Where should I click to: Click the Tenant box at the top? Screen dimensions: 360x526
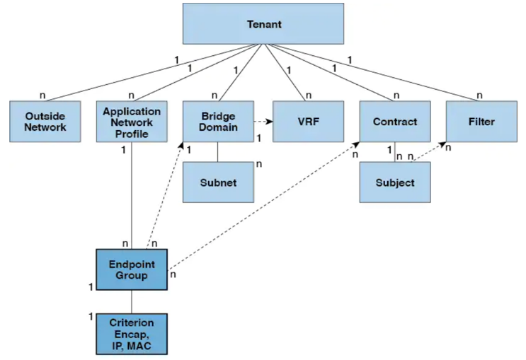pyautogui.click(x=264, y=24)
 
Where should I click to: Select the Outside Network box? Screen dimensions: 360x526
pyautogui.click(x=45, y=121)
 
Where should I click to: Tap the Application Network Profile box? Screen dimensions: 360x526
pyautogui.click(x=132, y=121)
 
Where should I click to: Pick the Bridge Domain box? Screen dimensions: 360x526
pyautogui.click(x=217, y=121)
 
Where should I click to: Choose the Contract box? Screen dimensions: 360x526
pyautogui.click(x=394, y=121)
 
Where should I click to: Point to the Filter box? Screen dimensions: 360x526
pyautogui.click(x=481, y=121)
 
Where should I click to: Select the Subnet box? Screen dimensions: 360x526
pyautogui.click(x=218, y=182)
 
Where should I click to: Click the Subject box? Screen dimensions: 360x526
pyautogui.click(x=395, y=182)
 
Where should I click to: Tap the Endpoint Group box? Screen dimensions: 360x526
pyautogui.click(x=132, y=269)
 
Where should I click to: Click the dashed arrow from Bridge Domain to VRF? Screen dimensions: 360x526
pyautogui.click(x=263, y=121)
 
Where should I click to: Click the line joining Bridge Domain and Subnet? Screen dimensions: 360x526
pyautogui.click(x=217, y=151)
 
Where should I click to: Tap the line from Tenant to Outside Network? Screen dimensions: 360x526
pyautogui.click(x=142, y=72)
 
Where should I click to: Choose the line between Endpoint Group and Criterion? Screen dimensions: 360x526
pyautogui.click(x=132, y=301)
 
